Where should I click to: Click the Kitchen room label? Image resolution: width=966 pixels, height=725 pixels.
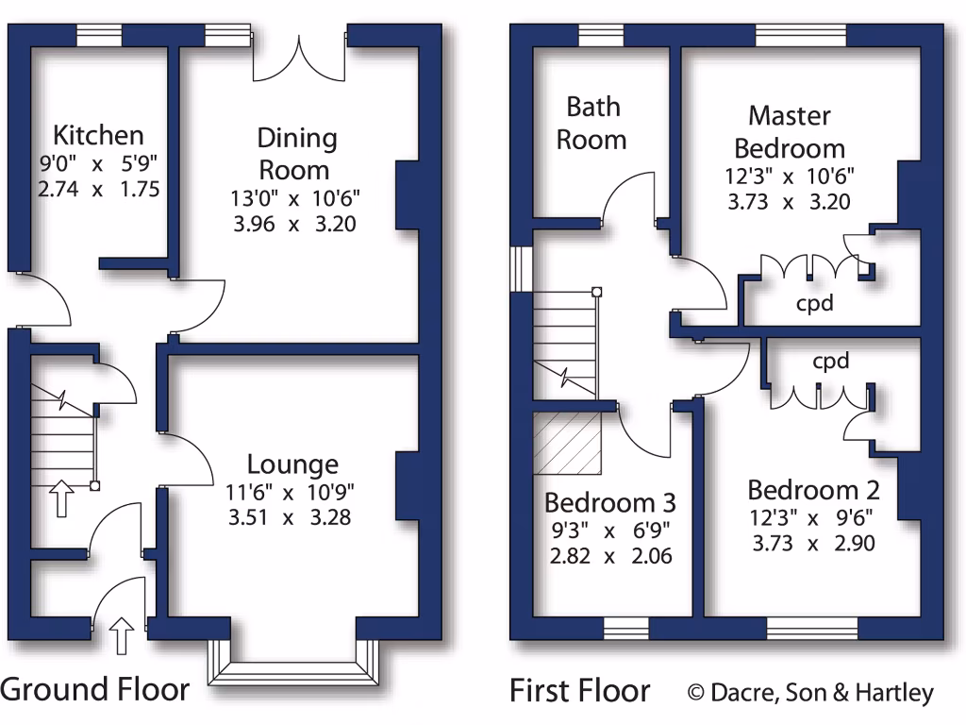tap(98, 135)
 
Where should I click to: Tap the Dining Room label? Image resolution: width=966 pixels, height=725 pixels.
tap(296, 154)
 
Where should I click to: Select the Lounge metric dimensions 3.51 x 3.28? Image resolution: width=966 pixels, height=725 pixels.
tap(293, 516)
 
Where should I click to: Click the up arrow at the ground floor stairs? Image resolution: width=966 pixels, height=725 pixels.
tap(61, 497)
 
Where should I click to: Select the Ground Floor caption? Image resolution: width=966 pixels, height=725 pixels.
tap(95, 690)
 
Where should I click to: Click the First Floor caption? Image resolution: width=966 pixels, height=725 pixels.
tap(579, 691)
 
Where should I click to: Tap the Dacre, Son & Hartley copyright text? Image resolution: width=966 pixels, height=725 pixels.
tap(811, 693)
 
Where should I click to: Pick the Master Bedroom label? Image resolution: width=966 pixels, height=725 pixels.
tap(790, 132)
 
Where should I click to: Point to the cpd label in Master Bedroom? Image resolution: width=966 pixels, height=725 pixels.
tap(815, 304)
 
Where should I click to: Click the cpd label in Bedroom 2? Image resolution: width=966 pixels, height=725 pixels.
tap(830, 361)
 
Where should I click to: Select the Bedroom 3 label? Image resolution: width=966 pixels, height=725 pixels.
tap(610, 502)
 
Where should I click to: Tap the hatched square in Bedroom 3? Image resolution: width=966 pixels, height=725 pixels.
tap(568, 444)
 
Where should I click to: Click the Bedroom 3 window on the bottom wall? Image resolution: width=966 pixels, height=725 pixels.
tap(626, 629)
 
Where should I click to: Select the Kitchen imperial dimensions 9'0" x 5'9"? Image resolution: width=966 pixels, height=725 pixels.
tap(98, 164)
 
